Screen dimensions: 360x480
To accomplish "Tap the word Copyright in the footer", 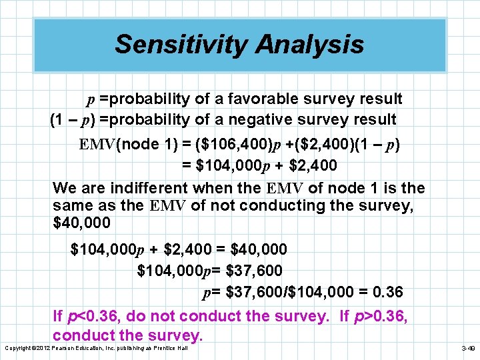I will click(x=18, y=349).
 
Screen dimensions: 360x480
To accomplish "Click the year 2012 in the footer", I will click(x=44, y=349).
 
